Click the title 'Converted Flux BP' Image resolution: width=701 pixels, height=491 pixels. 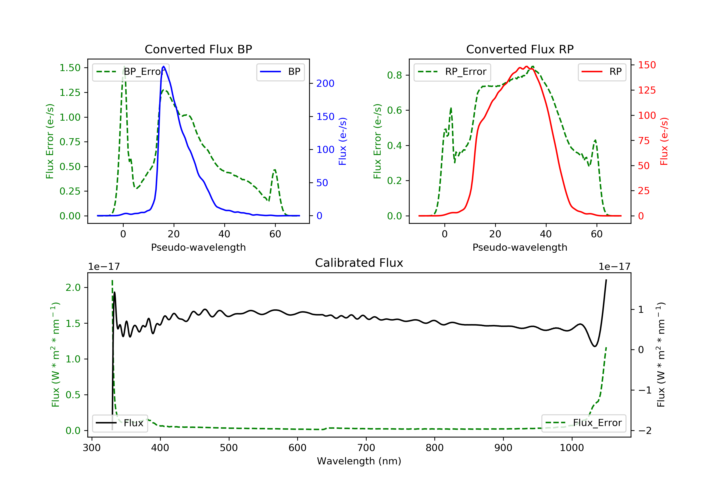[x=198, y=49]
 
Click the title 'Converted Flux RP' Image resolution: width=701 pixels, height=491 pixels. [x=520, y=49]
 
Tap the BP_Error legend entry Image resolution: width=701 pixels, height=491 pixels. [x=131, y=72]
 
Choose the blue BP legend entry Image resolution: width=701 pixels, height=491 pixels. [x=280, y=72]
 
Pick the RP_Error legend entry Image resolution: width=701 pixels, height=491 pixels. [x=452, y=72]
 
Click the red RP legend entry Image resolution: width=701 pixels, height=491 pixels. [x=602, y=72]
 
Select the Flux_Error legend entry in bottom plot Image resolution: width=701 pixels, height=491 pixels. [x=583, y=423]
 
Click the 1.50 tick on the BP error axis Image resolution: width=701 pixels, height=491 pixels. [x=70, y=68]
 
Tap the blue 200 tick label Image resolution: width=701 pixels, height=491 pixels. [x=325, y=83]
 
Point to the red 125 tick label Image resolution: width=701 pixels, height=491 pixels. [x=647, y=90]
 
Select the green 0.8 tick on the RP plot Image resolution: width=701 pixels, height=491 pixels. [x=394, y=75]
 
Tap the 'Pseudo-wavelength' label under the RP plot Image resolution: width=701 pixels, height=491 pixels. [x=520, y=247]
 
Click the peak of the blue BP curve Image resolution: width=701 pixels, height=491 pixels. [x=164, y=66]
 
